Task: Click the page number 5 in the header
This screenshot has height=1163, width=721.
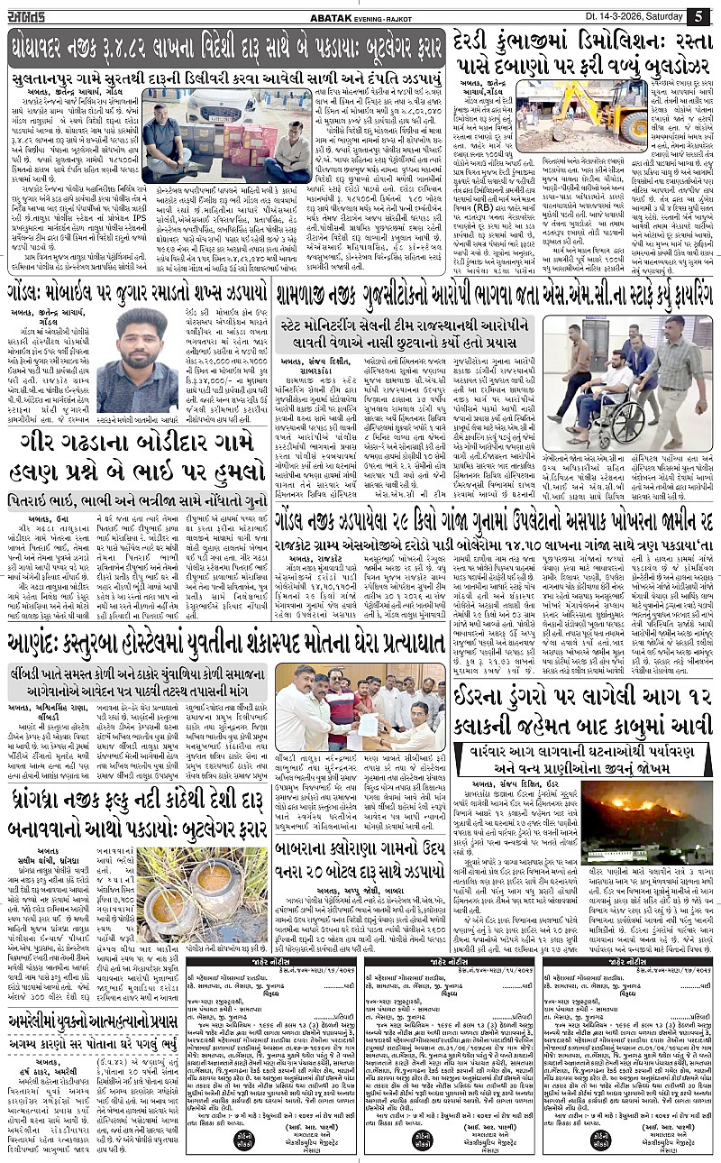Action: coord(699,15)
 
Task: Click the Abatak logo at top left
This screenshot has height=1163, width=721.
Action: coord(32,15)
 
